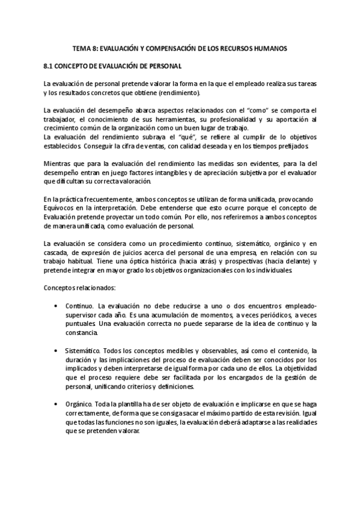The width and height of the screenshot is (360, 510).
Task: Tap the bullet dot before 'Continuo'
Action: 56,306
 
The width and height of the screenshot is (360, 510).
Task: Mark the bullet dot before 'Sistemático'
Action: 56,351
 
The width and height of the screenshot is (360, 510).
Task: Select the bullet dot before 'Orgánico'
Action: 56,404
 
